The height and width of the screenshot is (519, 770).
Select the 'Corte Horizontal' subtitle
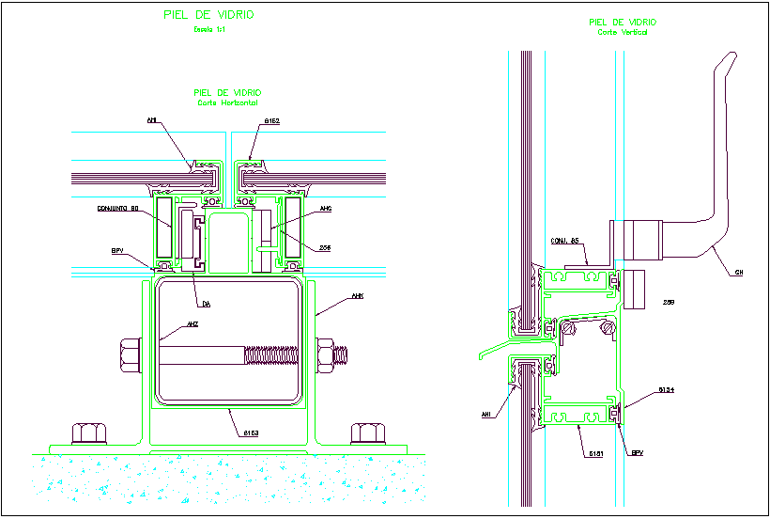[x=226, y=102]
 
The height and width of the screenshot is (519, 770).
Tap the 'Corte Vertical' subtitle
[x=623, y=32]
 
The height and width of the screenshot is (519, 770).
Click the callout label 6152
[x=272, y=121]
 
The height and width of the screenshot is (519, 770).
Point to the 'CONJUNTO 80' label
[x=117, y=208]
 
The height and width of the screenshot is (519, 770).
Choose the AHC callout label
[x=325, y=209]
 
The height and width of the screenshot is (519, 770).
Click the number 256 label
[x=324, y=248]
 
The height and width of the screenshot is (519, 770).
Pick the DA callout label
[x=205, y=303]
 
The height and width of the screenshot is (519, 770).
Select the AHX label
[x=358, y=295]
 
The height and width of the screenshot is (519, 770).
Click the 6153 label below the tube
[x=252, y=432]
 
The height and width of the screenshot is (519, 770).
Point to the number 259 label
[x=669, y=302]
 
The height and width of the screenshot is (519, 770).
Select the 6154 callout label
[x=665, y=388]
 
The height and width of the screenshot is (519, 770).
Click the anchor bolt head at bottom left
[x=88, y=433]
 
